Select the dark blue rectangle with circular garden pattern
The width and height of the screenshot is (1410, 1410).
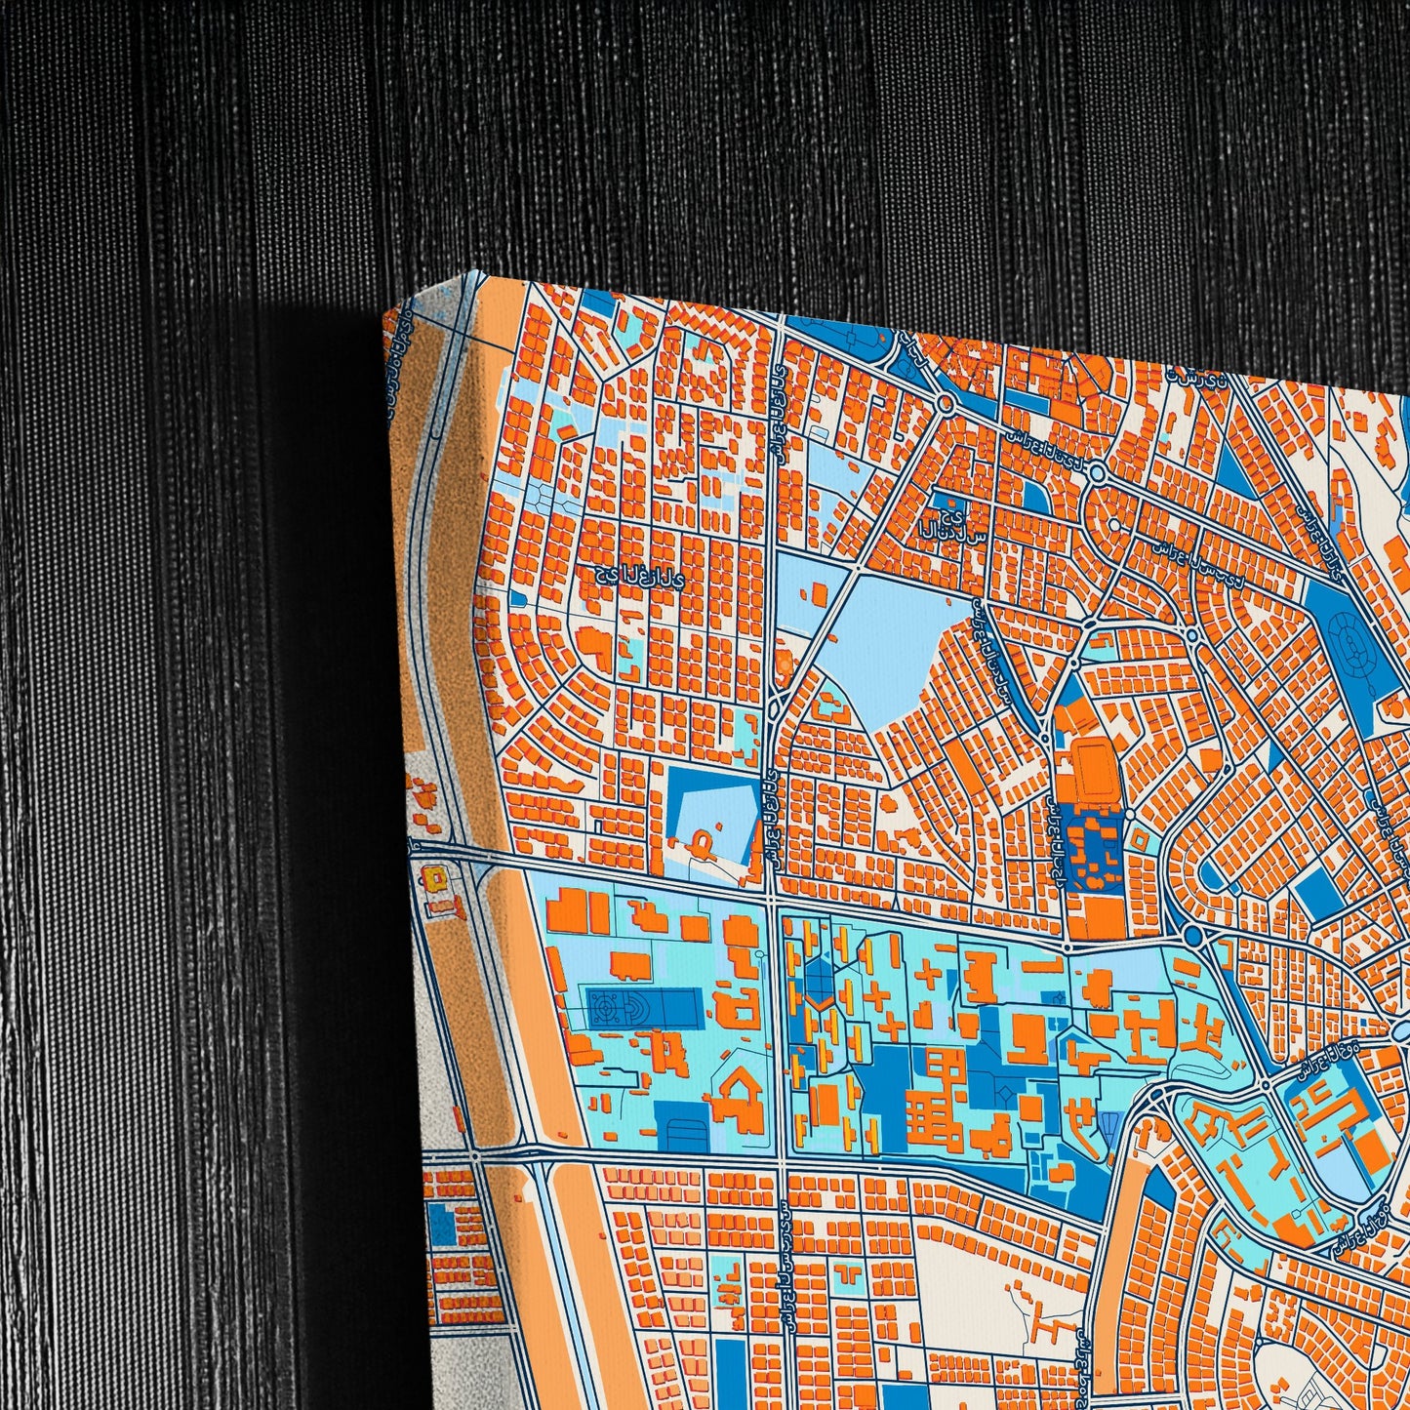pyautogui.click(x=643, y=1006)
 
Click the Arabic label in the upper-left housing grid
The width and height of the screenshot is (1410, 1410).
pyautogui.click(x=640, y=576)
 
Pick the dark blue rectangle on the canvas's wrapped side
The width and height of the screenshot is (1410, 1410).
pyautogui.click(x=441, y=1225)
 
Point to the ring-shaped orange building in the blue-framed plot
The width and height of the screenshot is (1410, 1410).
pyautogui.click(x=702, y=840)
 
